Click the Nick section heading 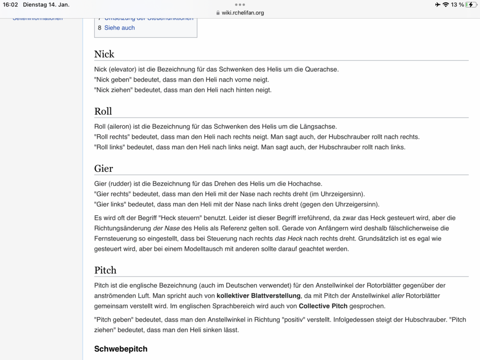point(104,54)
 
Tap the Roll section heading point(103,111)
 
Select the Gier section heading point(104,169)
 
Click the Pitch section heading point(105,270)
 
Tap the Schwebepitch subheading point(120,348)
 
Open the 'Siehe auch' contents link point(120,28)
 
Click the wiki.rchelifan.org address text point(242,13)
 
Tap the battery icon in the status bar point(472,5)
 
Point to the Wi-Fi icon point(446,5)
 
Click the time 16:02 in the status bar point(10,5)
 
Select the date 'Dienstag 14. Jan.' point(46,5)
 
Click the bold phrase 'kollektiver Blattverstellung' point(259,296)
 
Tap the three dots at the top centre point(240,4)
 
